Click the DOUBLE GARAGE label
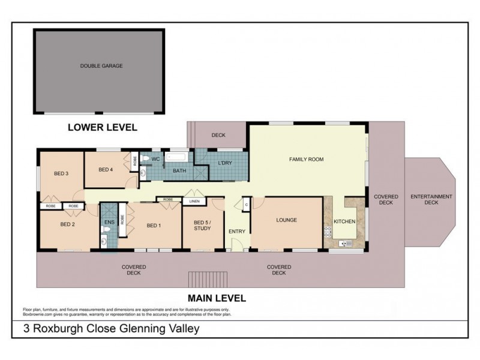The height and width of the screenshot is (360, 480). (101, 66)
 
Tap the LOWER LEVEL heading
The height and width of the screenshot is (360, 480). (103, 127)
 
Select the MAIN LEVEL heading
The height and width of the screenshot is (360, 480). (217, 298)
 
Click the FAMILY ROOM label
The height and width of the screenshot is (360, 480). (307, 160)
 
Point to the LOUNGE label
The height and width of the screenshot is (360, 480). (286, 220)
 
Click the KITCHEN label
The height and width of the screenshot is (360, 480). (344, 221)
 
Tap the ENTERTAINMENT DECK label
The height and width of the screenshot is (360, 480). (431, 200)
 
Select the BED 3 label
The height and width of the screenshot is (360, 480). (61, 174)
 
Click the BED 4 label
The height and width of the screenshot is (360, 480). (106, 170)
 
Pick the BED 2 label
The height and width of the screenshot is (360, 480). (67, 225)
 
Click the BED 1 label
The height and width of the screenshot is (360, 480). (154, 226)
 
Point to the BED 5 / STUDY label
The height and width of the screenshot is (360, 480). (202, 225)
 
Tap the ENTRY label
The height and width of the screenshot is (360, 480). (237, 232)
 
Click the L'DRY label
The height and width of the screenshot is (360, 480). (225, 163)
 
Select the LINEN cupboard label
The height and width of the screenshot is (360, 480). (194, 202)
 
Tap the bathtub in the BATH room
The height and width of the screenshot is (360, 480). (178, 158)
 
